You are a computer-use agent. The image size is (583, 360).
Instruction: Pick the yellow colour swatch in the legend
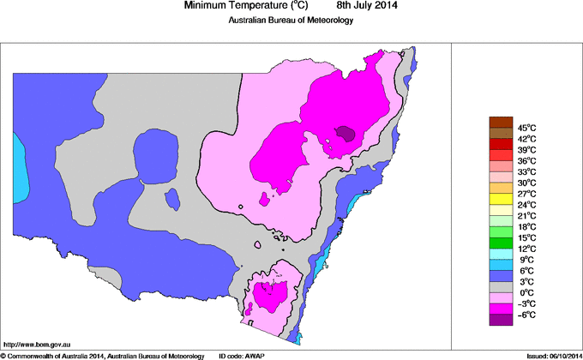[x=500, y=199]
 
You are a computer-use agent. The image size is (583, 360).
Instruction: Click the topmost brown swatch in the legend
[x=500, y=122]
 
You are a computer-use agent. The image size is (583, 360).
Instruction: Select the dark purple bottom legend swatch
[x=500, y=320]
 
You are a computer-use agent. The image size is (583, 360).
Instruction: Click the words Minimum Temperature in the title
[x=237, y=6]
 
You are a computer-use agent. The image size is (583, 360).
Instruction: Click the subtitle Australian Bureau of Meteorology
[x=291, y=21]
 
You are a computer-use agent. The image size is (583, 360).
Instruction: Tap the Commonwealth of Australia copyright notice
[x=103, y=355]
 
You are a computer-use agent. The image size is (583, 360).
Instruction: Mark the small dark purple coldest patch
[x=346, y=133]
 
